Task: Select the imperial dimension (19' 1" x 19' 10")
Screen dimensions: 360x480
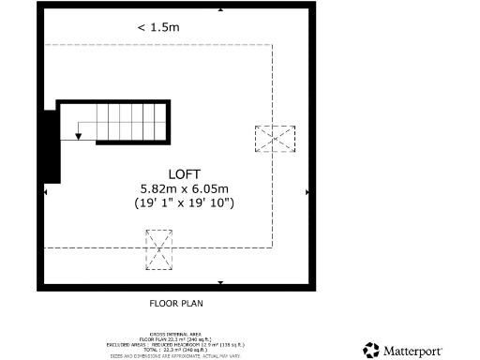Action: pyautogui.click(x=184, y=202)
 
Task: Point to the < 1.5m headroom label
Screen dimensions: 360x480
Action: pyautogui.click(x=158, y=27)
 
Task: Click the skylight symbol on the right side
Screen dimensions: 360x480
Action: pyautogui.click(x=275, y=140)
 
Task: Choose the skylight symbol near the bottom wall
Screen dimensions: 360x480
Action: pyautogui.click(x=159, y=250)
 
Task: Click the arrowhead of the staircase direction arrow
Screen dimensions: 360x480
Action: pyautogui.click(x=79, y=138)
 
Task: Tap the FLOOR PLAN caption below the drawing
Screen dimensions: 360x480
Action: pyautogui.click(x=176, y=303)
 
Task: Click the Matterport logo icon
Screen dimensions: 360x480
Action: pyautogui.click(x=372, y=349)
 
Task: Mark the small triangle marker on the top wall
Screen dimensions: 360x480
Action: pyautogui.click(x=220, y=8)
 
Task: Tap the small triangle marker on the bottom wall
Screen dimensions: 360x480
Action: pyautogui.click(x=220, y=281)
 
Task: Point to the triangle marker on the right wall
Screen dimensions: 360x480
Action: pyautogui.click(x=307, y=191)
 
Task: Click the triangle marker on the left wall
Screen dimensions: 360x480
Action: pyautogui.click(x=44, y=191)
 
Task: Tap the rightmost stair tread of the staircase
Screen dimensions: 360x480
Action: pyautogui.click(x=161, y=120)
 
